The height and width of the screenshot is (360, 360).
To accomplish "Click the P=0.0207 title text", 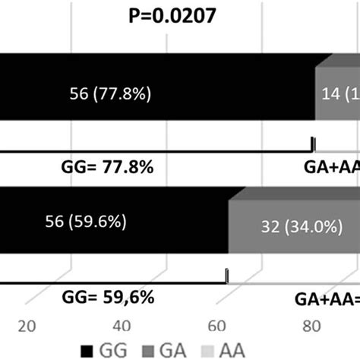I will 178,15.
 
